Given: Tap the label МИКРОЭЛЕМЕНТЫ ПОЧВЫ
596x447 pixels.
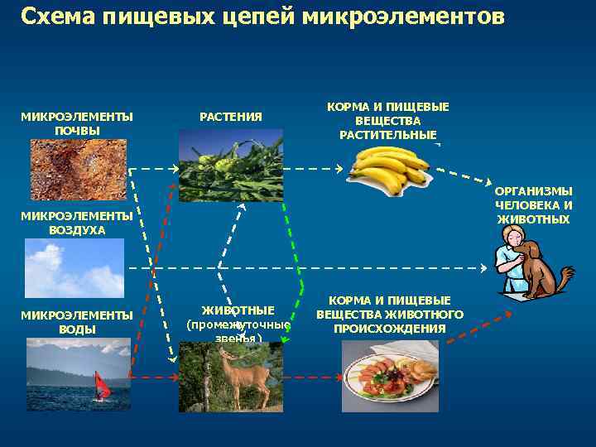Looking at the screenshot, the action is pos(77,123).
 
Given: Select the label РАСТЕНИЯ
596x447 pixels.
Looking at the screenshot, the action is pos(231,117).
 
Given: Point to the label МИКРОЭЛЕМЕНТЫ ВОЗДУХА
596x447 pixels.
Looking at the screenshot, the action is pos(77,223).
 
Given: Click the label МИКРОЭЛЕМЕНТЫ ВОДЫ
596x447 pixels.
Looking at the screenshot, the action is pos(77,322).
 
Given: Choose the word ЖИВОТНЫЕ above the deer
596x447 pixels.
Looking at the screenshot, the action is pos(238,310).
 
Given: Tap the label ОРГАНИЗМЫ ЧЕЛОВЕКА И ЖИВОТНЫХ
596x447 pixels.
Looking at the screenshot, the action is pos(533,205).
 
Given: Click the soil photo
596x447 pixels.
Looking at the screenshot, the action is pos(79,169).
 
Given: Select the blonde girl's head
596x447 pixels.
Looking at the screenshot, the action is pos(509,239).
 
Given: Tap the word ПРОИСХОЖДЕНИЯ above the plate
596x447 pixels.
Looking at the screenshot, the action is pos(389,329).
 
